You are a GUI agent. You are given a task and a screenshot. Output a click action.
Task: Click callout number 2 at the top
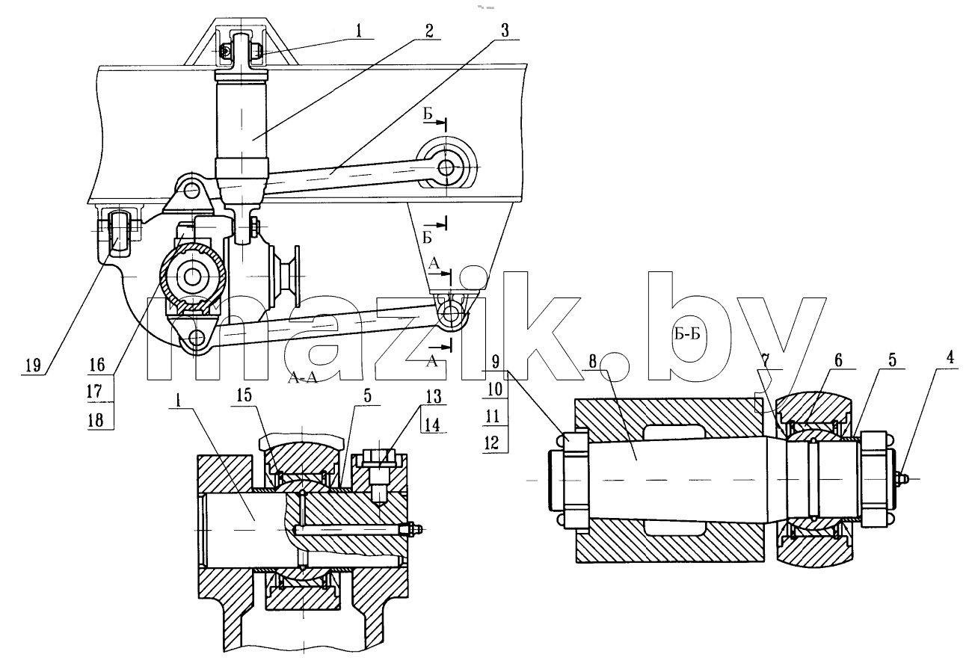428,31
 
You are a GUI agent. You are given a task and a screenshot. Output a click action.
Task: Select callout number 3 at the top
504,31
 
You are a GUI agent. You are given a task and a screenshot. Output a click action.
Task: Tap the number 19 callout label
33,365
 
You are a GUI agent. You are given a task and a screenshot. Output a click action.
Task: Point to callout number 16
96,365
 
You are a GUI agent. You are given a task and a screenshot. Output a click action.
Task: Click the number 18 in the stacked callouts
96,419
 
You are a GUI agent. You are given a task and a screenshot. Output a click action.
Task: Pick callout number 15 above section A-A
244,395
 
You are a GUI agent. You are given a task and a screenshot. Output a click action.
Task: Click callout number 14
432,424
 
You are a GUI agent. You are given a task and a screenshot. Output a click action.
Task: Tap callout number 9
495,361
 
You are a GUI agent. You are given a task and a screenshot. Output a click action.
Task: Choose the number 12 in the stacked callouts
492,443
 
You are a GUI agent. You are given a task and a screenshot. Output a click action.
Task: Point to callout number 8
593,361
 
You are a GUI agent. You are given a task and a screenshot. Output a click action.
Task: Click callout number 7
765,360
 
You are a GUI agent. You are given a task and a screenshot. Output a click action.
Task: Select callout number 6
837,360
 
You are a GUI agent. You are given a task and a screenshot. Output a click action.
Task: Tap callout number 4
950,359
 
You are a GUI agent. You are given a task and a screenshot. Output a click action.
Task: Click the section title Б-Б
687,334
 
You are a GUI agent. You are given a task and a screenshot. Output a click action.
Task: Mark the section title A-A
304,378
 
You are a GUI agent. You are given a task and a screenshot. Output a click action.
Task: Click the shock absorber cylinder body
241,126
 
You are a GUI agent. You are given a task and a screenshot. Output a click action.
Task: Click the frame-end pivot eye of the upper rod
447,167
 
